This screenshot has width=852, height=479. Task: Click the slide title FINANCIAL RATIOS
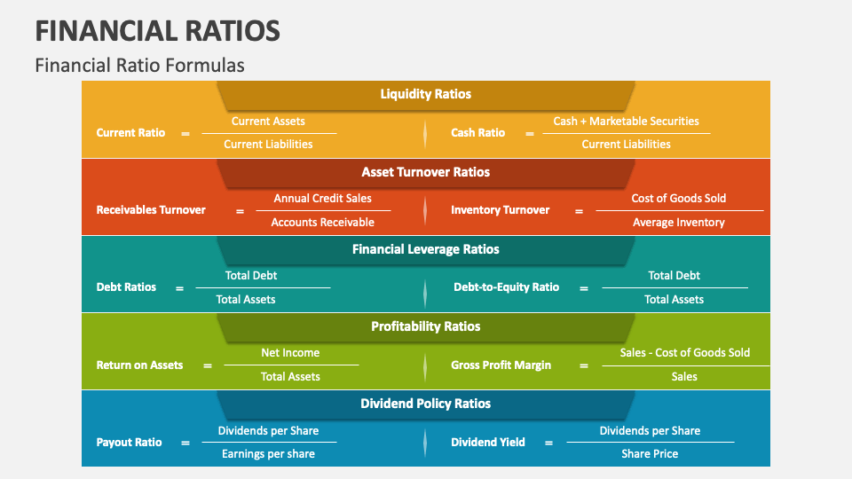(158, 30)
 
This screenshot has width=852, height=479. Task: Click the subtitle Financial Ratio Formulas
(140, 66)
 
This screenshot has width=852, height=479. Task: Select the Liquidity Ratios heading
(426, 94)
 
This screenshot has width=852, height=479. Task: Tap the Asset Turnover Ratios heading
(426, 172)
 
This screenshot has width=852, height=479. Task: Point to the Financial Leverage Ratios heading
(426, 249)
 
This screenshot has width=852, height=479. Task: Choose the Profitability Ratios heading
(426, 326)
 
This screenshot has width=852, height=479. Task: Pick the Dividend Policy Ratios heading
(426, 404)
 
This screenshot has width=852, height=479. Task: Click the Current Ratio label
(130, 133)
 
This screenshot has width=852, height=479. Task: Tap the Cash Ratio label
(477, 133)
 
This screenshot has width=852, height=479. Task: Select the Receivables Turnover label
(151, 210)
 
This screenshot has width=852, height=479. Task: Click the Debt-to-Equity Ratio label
(507, 287)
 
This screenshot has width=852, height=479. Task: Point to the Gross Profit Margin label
(501, 365)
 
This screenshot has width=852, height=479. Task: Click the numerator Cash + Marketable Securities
(626, 122)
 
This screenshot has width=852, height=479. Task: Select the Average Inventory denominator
(679, 223)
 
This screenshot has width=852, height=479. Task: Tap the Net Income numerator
(290, 353)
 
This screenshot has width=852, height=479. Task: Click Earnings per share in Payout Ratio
(268, 454)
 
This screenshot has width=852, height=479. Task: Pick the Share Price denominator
(650, 454)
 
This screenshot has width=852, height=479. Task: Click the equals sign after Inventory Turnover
(579, 211)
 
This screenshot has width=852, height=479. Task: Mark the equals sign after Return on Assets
(208, 365)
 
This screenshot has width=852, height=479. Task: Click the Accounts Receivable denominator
(323, 223)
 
